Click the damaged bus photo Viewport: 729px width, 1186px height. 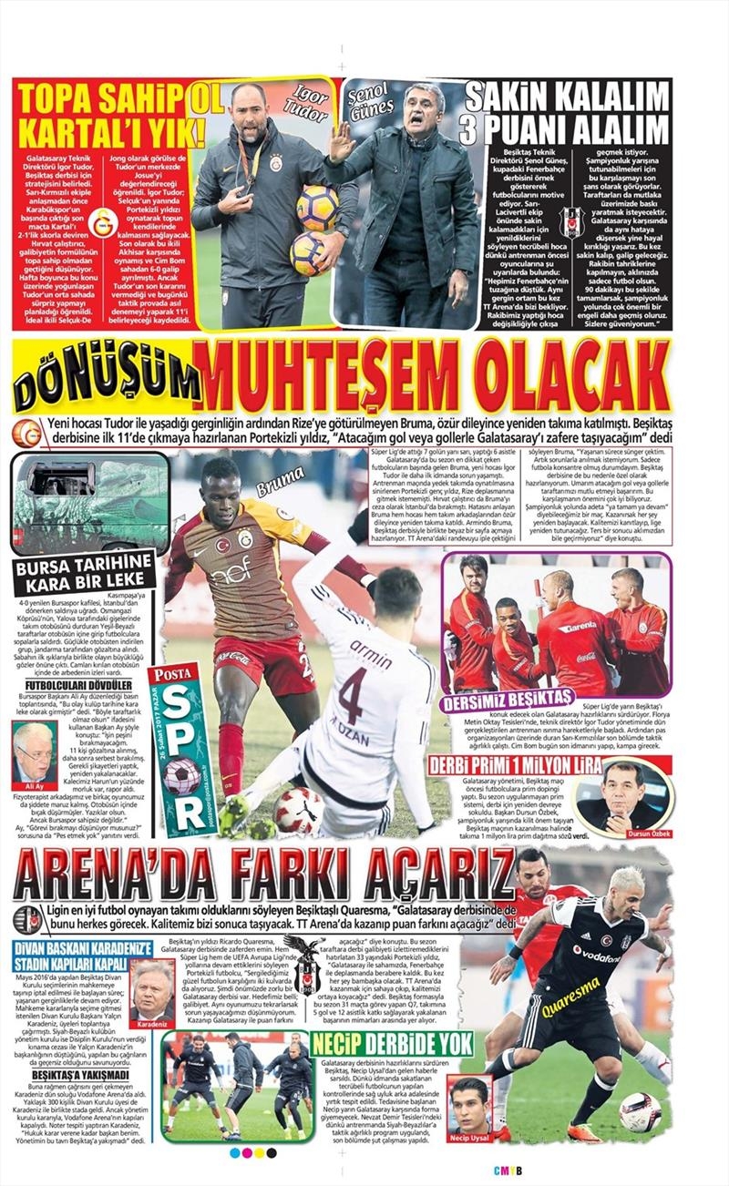coord(89,503)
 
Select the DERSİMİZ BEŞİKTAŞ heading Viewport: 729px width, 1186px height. coord(508,700)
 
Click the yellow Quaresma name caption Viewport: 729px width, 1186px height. coord(571,998)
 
